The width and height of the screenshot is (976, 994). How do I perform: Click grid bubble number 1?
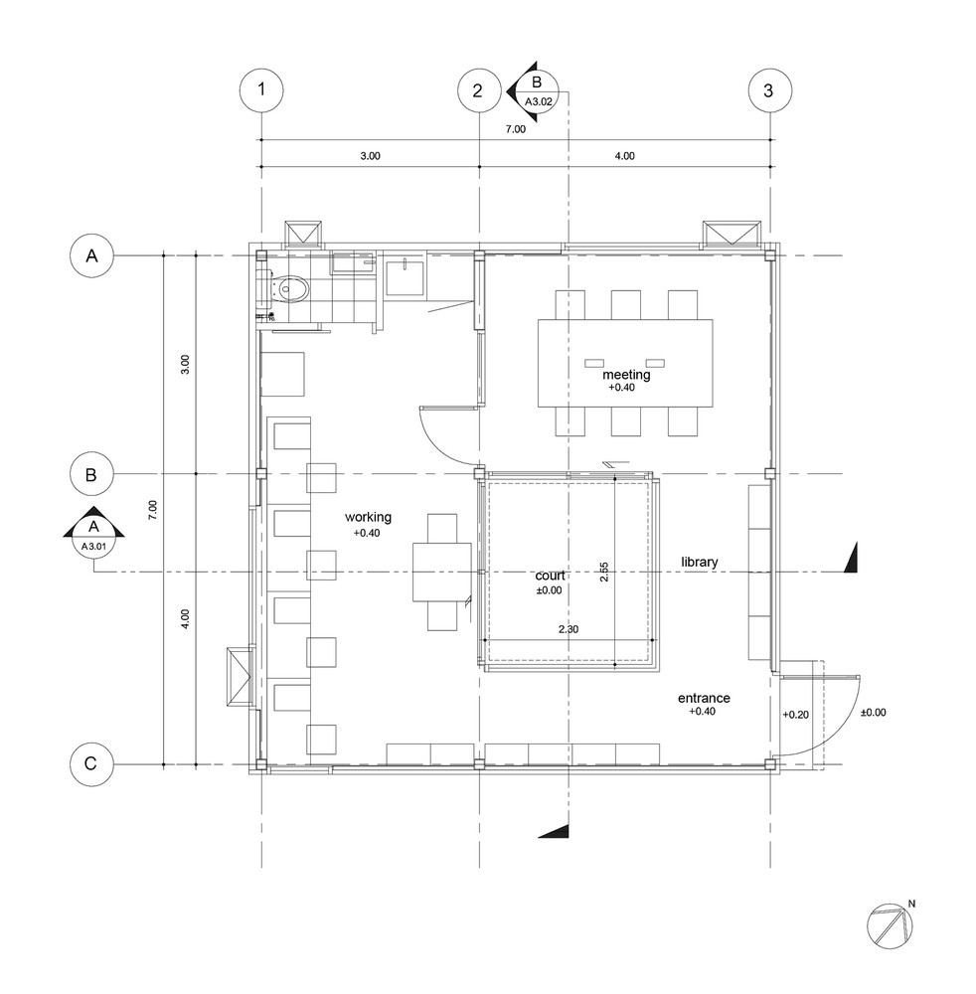coord(261,90)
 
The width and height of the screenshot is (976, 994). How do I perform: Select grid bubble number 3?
coord(768,90)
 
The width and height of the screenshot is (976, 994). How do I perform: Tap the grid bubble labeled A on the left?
coord(91,255)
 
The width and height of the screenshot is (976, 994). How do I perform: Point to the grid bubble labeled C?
coord(91,764)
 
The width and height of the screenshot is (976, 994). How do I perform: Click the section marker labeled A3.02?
coord(537,90)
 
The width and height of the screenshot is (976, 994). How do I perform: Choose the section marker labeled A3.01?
coord(93,536)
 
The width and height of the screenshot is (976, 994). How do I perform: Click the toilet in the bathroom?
coord(289,289)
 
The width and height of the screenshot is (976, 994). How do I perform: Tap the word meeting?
coord(626,375)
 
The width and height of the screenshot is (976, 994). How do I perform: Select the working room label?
coord(368,517)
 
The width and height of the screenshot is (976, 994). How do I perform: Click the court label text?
coord(549,576)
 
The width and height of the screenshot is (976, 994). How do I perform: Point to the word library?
coord(699,563)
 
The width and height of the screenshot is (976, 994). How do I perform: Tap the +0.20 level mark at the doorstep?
coord(796,714)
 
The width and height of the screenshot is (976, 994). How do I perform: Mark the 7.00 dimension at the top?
coord(515,129)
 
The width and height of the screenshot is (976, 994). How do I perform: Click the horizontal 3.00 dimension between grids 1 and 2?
coord(369,155)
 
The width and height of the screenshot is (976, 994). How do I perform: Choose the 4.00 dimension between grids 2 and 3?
coord(624,155)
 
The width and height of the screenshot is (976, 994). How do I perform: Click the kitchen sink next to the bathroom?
coord(406,276)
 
